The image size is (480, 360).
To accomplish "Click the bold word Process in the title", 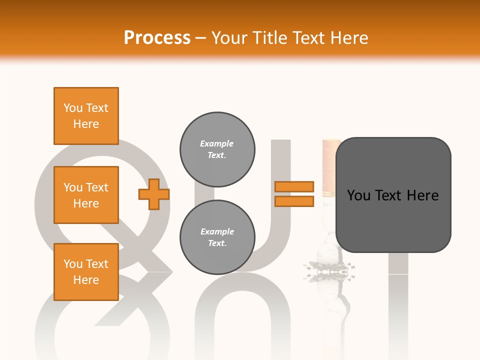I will [157, 37].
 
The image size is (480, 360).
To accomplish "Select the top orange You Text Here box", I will [86, 116].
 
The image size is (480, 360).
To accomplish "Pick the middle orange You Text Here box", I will [86, 195].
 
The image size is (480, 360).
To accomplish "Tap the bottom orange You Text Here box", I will [86, 271].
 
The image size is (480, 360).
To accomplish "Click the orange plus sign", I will [154, 194].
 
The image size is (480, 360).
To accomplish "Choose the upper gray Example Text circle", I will [217, 149].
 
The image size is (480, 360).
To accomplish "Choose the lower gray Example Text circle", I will [217, 237].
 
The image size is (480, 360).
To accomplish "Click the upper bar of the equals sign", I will [294, 186].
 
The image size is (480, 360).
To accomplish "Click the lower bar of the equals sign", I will [294, 201].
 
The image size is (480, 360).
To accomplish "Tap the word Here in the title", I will [349, 37].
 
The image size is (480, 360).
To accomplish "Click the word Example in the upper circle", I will [216, 143].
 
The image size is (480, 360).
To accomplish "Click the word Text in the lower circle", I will [216, 243].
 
